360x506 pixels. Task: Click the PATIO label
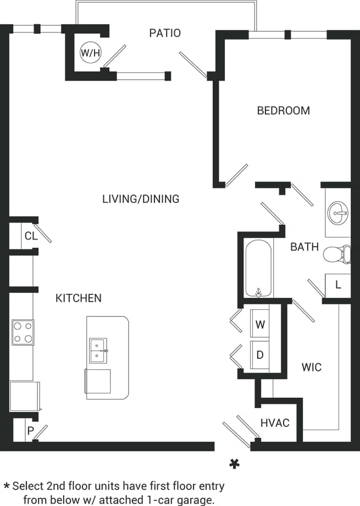[x=165, y=33]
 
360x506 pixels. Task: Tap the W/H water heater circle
[x=91, y=53]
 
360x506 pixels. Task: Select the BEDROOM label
[x=283, y=110]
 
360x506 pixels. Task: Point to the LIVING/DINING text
[x=141, y=199]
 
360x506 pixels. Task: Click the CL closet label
[x=31, y=236]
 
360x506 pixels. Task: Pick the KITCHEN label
[x=79, y=298]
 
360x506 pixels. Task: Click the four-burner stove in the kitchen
[x=23, y=332]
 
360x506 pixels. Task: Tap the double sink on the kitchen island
[x=98, y=351]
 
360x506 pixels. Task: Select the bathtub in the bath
[x=258, y=269]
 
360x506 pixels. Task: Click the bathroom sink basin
[x=337, y=211]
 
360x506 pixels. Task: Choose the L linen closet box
[x=338, y=285]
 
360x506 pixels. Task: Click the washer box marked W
[x=260, y=324]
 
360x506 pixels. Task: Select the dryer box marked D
[x=260, y=354]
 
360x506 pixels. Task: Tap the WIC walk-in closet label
[x=311, y=366]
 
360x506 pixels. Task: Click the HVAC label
[x=275, y=423]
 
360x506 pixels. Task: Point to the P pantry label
[x=30, y=431]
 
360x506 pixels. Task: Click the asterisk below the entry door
[x=234, y=464]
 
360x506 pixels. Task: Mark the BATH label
[x=304, y=247]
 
